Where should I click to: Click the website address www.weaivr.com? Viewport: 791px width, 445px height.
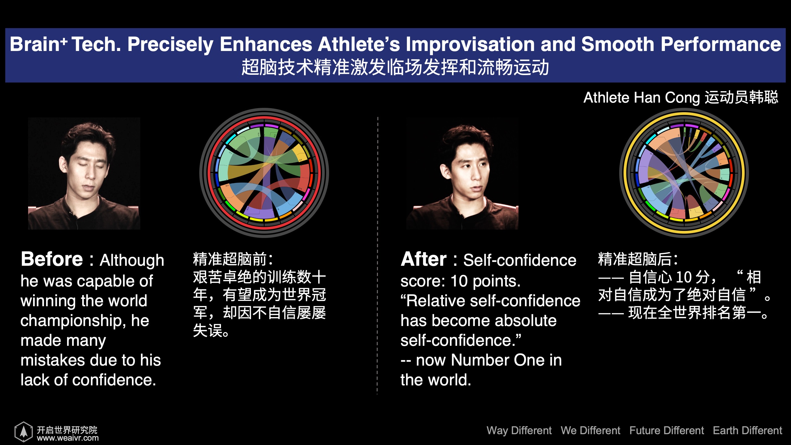(68, 438)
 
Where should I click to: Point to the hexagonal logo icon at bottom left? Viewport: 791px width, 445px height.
(23, 431)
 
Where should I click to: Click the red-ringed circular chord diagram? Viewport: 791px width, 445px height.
(264, 173)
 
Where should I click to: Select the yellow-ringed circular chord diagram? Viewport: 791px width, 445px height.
(684, 173)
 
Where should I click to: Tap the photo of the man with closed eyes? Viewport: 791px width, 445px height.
(84, 173)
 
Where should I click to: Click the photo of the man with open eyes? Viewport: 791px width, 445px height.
(462, 173)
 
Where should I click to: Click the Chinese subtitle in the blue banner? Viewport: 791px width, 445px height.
(395, 67)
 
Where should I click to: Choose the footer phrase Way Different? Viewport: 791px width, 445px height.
(519, 430)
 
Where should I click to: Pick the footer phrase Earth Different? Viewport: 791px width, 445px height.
(747, 430)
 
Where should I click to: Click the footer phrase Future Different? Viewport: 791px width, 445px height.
(667, 430)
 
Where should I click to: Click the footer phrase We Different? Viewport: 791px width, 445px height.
(590, 430)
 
